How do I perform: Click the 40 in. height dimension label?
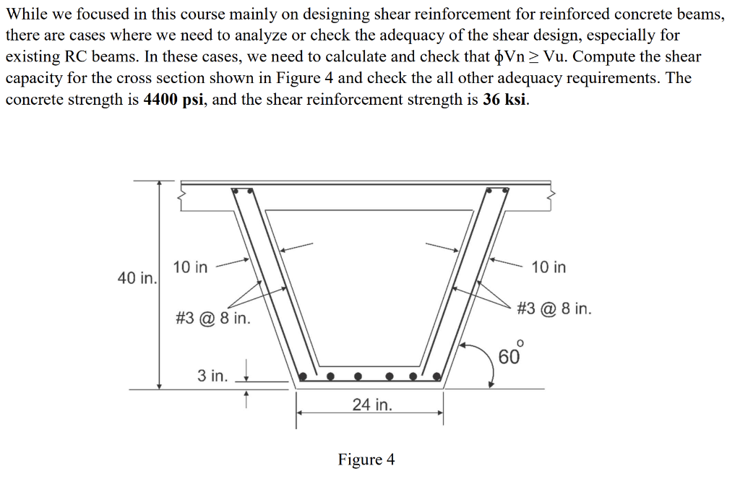[137, 278]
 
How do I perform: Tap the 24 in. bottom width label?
[372, 405]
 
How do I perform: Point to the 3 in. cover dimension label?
[212, 376]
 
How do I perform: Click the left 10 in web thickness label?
[190, 267]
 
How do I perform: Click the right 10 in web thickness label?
[548, 267]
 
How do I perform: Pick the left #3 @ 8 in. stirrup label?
[213, 318]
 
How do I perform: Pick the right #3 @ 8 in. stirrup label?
[554, 309]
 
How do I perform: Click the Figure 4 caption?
[366, 459]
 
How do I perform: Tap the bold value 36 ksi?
[504, 99]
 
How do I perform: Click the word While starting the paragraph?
[27, 13]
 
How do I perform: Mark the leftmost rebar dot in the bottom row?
[304, 376]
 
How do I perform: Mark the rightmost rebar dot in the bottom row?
[436, 376]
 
